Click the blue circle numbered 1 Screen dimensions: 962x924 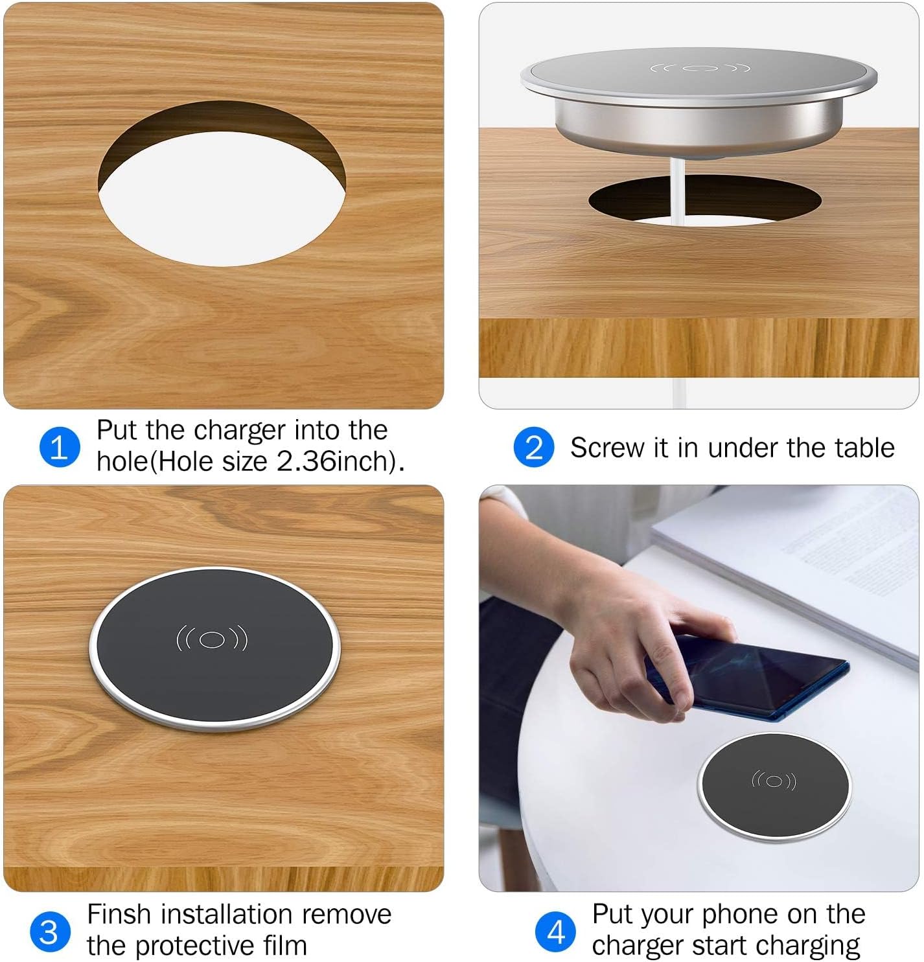[60, 447]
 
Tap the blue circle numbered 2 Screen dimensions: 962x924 [533, 447]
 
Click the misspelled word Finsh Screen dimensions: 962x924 [119, 915]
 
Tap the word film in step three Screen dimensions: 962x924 [285, 946]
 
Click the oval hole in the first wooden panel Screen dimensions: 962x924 [222, 198]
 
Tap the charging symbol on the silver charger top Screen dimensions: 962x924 [700, 68]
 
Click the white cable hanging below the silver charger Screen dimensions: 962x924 [678, 194]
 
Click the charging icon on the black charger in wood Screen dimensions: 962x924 [212, 639]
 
